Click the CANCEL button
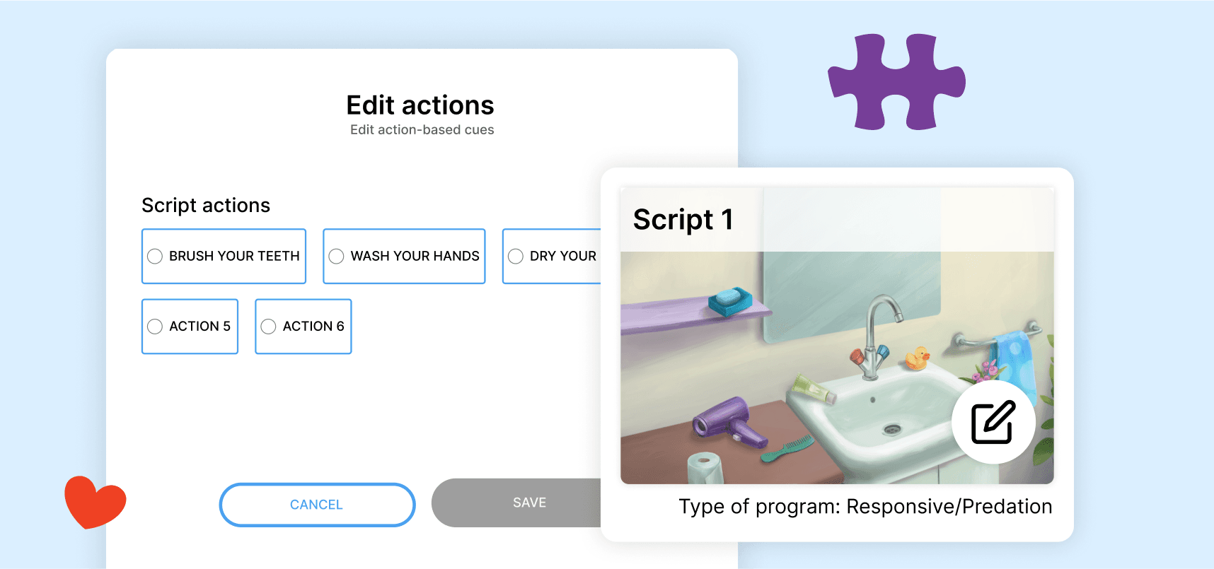[x=317, y=505]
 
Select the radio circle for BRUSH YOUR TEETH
[x=155, y=256]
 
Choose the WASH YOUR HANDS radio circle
[x=336, y=256]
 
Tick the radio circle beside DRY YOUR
[x=516, y=256]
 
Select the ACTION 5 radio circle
[x=155, y=327]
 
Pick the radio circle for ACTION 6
[x=268, y=327]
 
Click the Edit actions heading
[x=420, y=105]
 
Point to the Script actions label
[x=206, y=205]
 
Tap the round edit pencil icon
[x=993, y=422]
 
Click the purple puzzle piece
[x=896, y=81]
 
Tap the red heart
[x=95, y=502]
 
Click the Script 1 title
[x=683, y=220]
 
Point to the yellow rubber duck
[x=918, y=358]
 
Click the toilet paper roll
[x=705, y=468]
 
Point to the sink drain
[x=892, y=428]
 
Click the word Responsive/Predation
[x=949, y=507]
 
